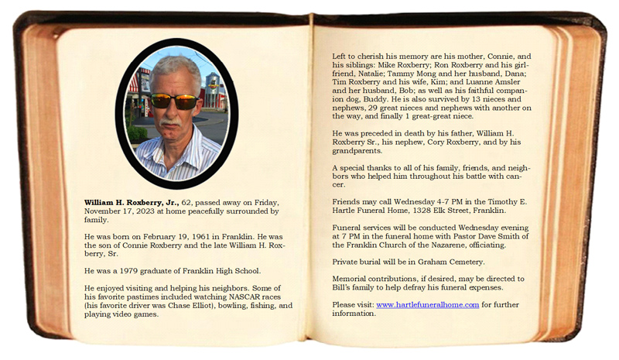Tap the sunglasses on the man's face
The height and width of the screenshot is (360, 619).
173,101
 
